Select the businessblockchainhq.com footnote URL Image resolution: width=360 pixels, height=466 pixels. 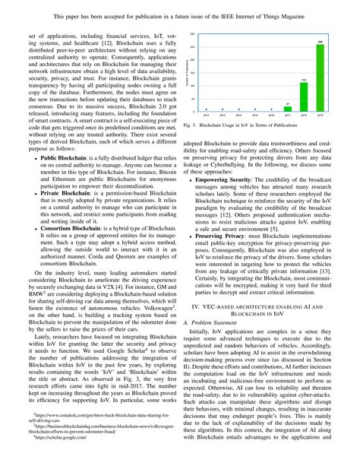[95, 447]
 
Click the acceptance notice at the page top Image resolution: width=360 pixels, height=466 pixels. [179, 14]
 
